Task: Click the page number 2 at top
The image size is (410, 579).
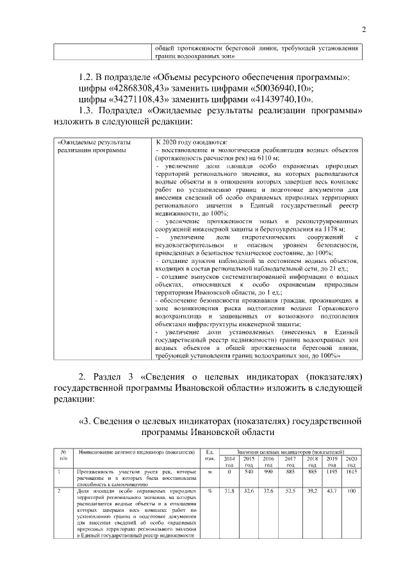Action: click(363, 29)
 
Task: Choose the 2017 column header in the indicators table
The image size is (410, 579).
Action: click(290, 463)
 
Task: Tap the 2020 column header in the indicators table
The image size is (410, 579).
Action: click(351, 463)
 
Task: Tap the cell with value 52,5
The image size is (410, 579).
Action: click(290, 491)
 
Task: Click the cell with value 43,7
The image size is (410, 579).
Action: click(331, 491)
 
